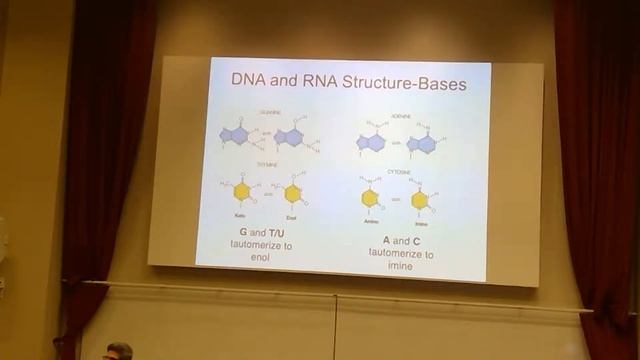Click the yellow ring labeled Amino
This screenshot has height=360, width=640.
[369, 198]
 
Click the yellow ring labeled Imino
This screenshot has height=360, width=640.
[420, 200]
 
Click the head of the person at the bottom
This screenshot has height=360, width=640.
[119, 351]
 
